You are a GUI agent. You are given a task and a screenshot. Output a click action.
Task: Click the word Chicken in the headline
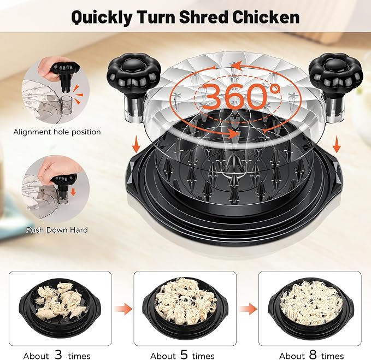click(x=266, y=17)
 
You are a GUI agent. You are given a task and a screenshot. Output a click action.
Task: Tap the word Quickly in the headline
click(x=102, y=17)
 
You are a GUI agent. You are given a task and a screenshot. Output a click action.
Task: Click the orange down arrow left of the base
click(x=136, y=146)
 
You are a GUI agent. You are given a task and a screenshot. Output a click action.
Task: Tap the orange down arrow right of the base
click(x=337, y=146)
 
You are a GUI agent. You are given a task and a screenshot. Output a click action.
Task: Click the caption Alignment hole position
click(x=57, y=132)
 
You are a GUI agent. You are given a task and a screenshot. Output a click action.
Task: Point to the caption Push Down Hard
click(x=57, y=229)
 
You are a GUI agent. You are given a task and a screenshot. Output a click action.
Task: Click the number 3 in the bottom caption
click(x=58, y=355)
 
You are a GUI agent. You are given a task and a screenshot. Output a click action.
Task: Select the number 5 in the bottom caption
click(x=184, y=355)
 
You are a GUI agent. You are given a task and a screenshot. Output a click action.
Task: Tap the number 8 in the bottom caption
click(x=313, y=355)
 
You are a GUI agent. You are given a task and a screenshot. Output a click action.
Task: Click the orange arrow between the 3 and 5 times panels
click(x=122, y=309)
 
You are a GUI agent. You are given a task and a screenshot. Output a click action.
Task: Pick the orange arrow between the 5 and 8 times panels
click(x=248, y=309)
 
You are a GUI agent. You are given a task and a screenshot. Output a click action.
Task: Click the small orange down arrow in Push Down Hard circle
click(x=73, y=191)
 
